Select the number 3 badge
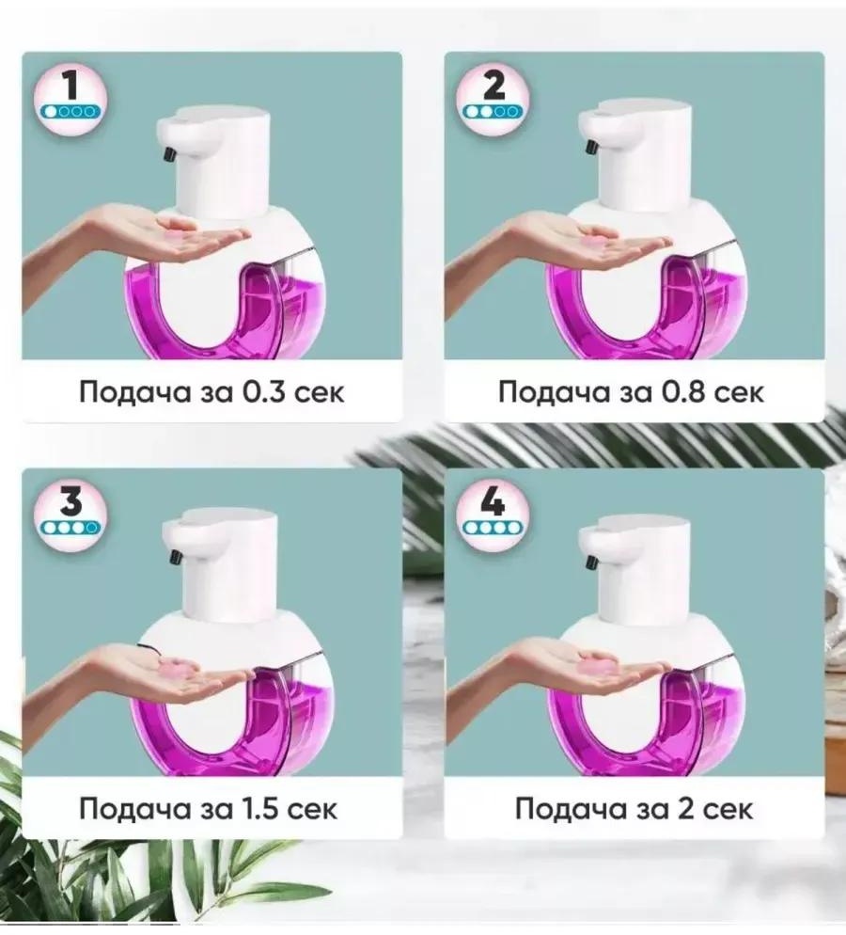click(x=70, y=514)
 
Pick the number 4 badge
click(x=493, y=514)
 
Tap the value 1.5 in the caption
click(x=261, y=809)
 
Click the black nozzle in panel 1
click(x=169, y=153)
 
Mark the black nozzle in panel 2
click(x=592, y=147)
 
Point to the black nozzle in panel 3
click(x=175, y=556)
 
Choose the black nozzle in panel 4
click(x=592, y=562)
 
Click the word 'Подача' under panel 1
click(x=134, y=393)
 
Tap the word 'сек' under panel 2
click(x=739, y=394)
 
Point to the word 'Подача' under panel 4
click(x=571, y=810)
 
